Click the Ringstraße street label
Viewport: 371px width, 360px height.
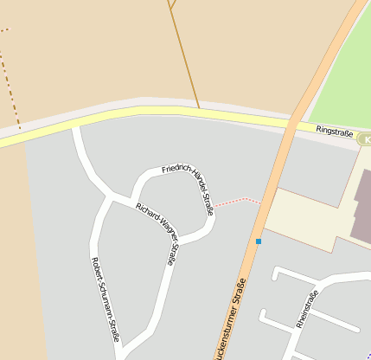tap(333, 131)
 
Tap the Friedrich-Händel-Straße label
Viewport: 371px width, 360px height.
tap(189, 183)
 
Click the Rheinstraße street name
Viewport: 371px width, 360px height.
tap(306, 309)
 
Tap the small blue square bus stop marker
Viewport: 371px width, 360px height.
tap(258, 241)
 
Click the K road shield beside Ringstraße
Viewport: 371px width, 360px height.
tap(365, 139)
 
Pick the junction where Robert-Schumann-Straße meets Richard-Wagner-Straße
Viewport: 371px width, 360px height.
tap(110, 198)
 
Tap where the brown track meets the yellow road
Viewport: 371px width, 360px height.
tap(200, 110)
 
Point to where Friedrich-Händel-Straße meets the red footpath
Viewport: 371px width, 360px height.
tap(214, 206)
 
